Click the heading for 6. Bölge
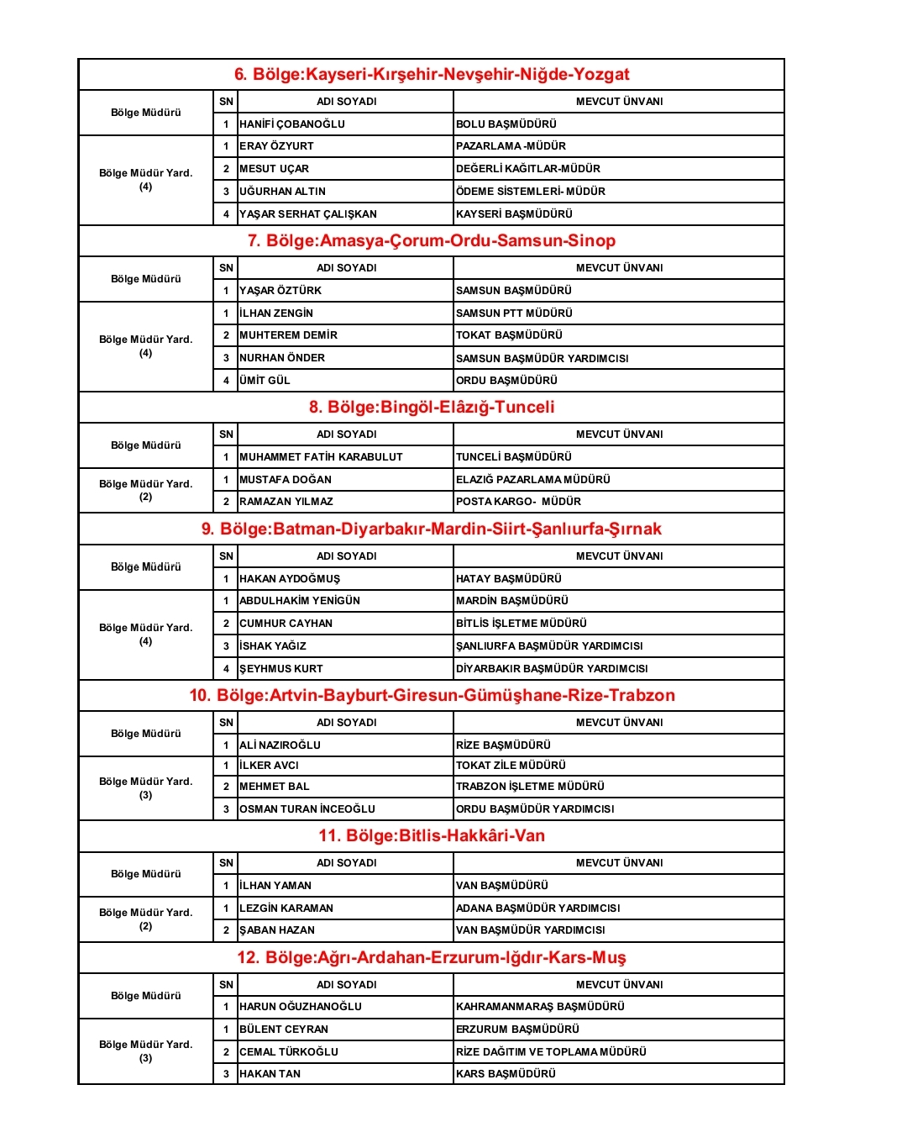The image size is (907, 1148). pyautogui.click(x=432, y=75)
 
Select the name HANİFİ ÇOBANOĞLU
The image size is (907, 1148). pyautogui.click(x=292, y=124)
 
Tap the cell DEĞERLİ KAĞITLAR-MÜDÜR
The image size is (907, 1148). pyautogui.click(x=528, y=169)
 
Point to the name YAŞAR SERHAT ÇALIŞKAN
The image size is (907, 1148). pyautogui.click(x=308, y=214)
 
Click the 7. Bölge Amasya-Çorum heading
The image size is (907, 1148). pyautogui.click(x=432, y=241)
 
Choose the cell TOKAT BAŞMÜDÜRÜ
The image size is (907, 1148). pyautogui.click(x=509, y=335)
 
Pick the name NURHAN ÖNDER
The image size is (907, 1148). pyautogui.click(x=282, y=358)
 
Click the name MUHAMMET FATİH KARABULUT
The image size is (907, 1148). pyautogui.click(x=321, y=457)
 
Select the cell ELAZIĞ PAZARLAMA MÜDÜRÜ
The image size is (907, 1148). pyautogui.click(x=533, y=480)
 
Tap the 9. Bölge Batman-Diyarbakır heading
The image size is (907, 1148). pyautogui.click(x=432, y=529)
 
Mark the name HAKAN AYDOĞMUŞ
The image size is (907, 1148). pyautogui.click(x=290, y=579)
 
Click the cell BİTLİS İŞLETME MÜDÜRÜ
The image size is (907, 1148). pyautogui.click(x=522, y=624)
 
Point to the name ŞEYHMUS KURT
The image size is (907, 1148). pyautogui.click(x=281, y=669)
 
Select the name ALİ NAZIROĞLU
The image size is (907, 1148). pyautogui.click(x=280, y=745)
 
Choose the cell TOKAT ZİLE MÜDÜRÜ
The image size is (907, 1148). pyautogui.click(x=511, y=766)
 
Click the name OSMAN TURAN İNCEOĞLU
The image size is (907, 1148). pyautogui.click(x=307, y=809)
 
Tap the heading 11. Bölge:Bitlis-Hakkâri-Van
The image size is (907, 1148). pyautogui.click(x=432, y=836)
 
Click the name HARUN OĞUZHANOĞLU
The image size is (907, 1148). pyautogui.click(x=301, y=1007)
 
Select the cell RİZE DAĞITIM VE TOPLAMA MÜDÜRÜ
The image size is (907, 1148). pyautogui.click(x=551, y=1052)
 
